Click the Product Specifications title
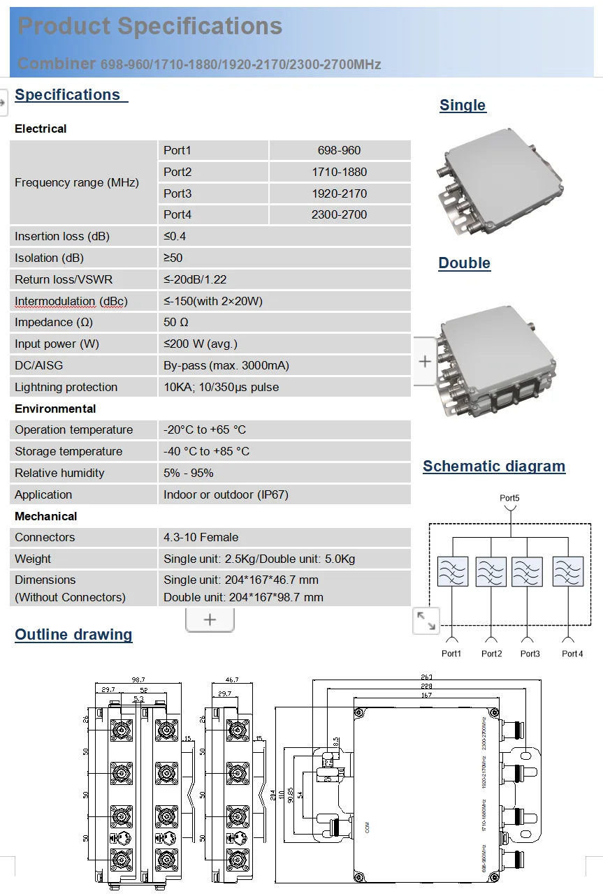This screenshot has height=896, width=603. click(150, 27)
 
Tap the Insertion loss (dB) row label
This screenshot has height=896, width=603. click(62, 236)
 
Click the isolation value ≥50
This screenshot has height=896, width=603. click(173, 258)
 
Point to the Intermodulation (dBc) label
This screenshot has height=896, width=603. click(71, 301)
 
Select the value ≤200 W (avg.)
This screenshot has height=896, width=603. click(201, 344)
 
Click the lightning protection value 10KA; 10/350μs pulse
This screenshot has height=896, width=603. click(221, 387)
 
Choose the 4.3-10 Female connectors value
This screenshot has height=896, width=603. click(201, 537)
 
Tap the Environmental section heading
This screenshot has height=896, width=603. click(55, 409)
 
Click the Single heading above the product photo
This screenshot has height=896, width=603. click(463, 105)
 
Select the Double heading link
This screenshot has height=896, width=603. click(464, 263)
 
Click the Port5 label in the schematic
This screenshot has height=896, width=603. click(509, 499)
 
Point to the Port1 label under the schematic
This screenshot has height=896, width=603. click(451, 654)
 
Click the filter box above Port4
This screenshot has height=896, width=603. click(567, 571)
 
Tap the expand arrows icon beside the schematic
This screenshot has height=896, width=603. click(426, 620)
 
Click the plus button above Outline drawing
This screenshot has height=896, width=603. click(210, 619)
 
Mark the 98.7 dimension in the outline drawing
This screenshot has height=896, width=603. click(138, 680)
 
